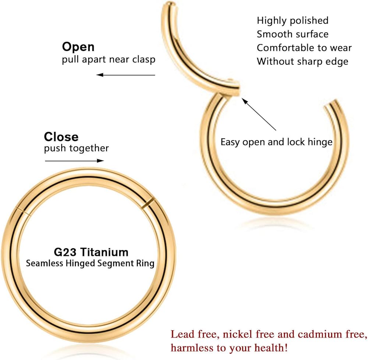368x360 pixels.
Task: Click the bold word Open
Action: pyautogui.click(x=78, y=47)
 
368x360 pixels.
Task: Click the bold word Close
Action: pyautogui.click(x=61, y=137)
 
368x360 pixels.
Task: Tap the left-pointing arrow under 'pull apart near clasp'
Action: pyautogui.click(x=125, y=75)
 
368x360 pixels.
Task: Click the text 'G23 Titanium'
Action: pyautogui.click(x=90, y=252)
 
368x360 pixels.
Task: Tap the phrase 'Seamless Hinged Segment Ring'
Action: pyautogui.click(x=90, y=264)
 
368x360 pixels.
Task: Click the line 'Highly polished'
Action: pyautogui.click(x=293, y=20)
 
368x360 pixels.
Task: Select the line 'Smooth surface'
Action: pyautogui.click(x=293, y=34)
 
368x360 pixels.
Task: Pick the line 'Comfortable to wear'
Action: pyautogui.click(x=304, y=48)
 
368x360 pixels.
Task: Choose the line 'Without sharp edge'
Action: pyautogui.click(x=302, y=61)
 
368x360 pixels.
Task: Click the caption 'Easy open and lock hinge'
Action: pyautogui.click(x=276, y=142)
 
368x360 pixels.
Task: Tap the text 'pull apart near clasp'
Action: pyautogui.click(x=109, y=60)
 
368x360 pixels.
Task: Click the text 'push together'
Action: pyautogui.click(x=77, y=148)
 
